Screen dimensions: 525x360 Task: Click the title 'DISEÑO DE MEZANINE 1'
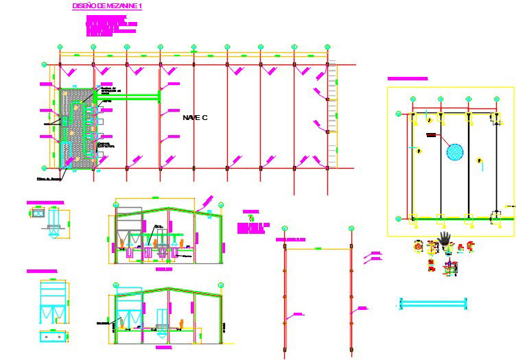tap(107, 6)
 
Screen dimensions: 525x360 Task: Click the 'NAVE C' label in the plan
tap(195, 118)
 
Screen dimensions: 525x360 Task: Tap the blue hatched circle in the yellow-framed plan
tap(454, 151)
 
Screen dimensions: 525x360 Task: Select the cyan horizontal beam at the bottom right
tap(432, 302)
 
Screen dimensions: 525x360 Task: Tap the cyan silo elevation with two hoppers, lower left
tap(53, 302)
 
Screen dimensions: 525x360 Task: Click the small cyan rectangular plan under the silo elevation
tap(52, 336)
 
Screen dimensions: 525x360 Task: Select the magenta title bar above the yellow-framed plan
tap(408, 79)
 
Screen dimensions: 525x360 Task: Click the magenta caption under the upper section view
tap(163, 269)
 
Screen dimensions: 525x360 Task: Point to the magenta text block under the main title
tap(110, 26)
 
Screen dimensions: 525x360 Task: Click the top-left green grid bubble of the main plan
tap(60, 47)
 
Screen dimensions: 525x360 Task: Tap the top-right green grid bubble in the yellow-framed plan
tap(496, 99)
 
